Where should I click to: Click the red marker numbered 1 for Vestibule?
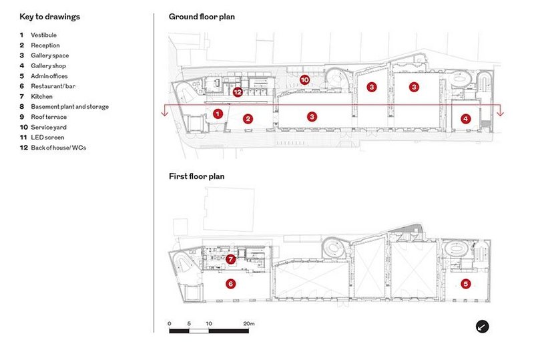click(x=218, y=114)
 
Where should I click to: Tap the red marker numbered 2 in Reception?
click(x=248, y=119)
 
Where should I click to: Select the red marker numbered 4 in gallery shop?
click(x=465, y=119)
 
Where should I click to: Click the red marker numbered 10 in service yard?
click(x=305, y=79)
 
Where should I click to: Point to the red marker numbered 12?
click(x=238, y=92)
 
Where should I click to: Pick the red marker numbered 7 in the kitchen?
click(x=230, y=259)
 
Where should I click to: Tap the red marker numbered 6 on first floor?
click(x=230, y=284)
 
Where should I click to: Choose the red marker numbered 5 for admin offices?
click(x=465, y=284)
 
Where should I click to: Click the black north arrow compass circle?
click(x=482, y=327)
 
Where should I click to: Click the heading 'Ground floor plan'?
click(x=202, y=17)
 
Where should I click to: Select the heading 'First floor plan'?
click(x=196, y=176)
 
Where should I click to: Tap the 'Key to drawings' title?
click(x=49, y=17)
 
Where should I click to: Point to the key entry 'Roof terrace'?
click(x=49, y=117)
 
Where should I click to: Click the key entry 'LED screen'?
click(x=47, y=138)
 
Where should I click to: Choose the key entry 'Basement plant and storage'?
click(x=70, y=107)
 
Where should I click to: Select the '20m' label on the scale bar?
click(x=249, y=323)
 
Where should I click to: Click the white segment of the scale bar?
click(x=199, y=331)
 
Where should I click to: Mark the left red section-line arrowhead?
click(x=165, y=113)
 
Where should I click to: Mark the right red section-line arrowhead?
click(x=500, y=113)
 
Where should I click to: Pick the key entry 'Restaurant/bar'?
click(x=53, y=86)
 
